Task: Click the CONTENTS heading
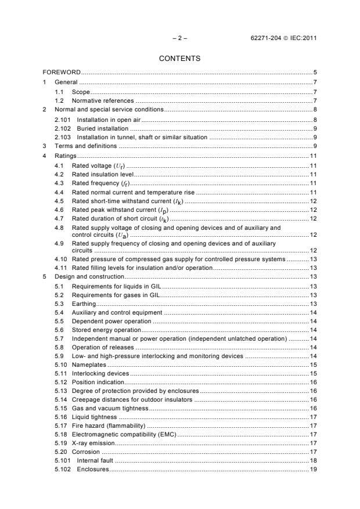click(179, 58)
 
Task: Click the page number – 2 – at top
click(179, 38)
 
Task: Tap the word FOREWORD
click(61, 73)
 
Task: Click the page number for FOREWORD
click(314, 73)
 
